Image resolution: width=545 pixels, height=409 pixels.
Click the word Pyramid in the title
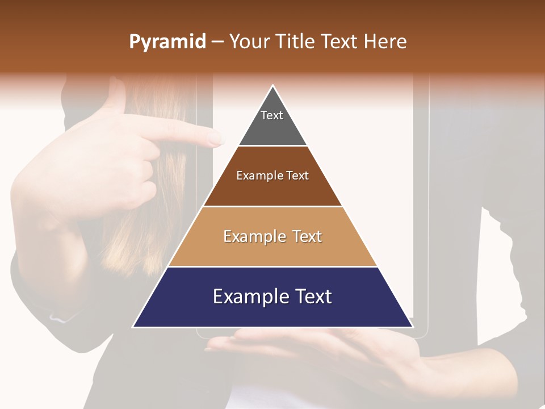pyautogui.click(x=167, y=42)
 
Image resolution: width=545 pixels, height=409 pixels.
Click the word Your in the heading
pyautogui.click(x=249, y=42)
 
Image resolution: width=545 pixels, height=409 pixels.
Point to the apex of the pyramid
pyautogui.click(x=272, y=86)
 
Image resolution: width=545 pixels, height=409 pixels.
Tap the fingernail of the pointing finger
pyautogui.click(x=216, y=137)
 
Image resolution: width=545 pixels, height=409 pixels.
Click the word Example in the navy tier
pyautogui.click(x=248, y=297)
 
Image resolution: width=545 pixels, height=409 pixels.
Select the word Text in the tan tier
pyautogui.click(x=307, y=236)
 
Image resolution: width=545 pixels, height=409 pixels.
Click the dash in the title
pyautogui.click(x=217, y=42)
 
